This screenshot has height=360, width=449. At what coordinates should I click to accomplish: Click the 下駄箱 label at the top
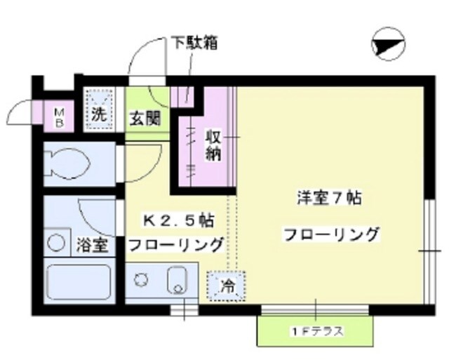pyautogui.click(x=194, y=43)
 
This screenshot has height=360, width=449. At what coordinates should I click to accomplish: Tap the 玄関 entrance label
pyautogui.click(x=144, y=117)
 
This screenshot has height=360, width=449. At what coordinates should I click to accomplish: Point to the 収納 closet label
pyautogui.click(x=214, y=145)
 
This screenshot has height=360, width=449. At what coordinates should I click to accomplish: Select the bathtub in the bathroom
pyautogui.click(x=77, y=282)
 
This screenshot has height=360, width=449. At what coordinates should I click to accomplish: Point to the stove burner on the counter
pyautogui.click(x=142, y=279)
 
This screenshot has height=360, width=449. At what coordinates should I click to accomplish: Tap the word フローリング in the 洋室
pyautogui.click(x=331, y=234)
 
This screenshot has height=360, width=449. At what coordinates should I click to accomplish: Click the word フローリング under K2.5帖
pyautogui.click(x=175, y=245)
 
